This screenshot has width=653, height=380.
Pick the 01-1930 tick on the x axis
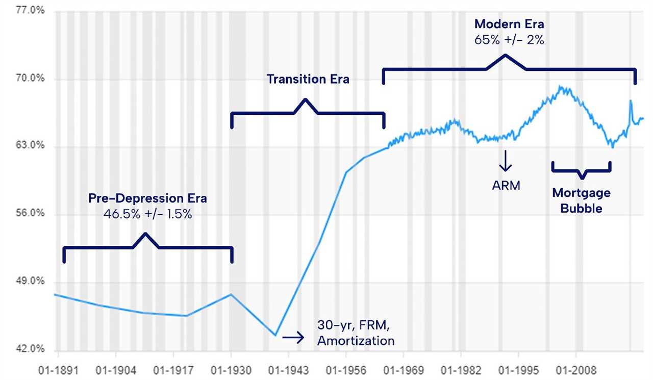coord(231,369)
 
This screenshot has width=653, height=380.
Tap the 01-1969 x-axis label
coord(404,369)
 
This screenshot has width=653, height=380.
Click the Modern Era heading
coord(509,24)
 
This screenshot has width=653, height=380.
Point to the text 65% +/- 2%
coord(509,39)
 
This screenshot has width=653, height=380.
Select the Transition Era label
coord(308,79)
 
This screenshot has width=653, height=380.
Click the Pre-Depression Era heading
coord(148,198)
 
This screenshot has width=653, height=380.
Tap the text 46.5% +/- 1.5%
coord(148,214)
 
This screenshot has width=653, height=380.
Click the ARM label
coord(506,185)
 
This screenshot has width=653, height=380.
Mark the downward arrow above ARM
coord(506,160)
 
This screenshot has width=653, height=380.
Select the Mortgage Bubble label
coord(581,200)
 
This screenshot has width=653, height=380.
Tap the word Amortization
coord(356,341)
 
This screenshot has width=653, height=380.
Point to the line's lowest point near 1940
coord(275,335)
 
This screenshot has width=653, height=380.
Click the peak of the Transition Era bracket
coord(306,99)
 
